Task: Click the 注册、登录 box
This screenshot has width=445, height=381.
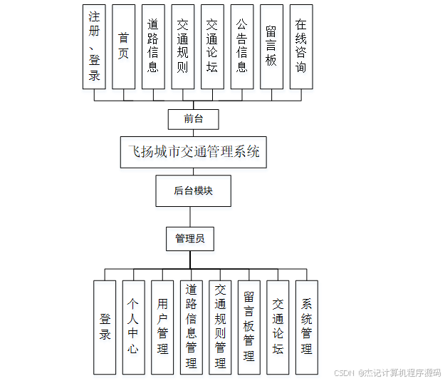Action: tap(94, 46)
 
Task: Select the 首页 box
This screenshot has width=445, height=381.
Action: tap(123, 46)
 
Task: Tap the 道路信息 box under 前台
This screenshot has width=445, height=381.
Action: tap(152, 46)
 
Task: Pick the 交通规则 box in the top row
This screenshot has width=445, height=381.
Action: tap(182, 46)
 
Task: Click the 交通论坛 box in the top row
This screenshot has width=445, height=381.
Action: tap(211, 46)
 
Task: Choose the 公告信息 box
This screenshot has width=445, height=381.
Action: tap(241, 46)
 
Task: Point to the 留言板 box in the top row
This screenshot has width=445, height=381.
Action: tap(271, 46)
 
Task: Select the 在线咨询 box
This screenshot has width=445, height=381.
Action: tap(300, 46)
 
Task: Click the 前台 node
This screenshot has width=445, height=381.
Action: tap(193, 119)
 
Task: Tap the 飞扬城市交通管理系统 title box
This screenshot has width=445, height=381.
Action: tap(193, 152)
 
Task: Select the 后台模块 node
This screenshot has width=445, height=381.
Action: tap(193, 190)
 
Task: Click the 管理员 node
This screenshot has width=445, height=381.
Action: tap(190, 238)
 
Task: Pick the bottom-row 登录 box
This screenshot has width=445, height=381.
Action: tap(105, 327)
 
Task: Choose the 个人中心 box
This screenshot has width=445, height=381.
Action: tap(133, 327)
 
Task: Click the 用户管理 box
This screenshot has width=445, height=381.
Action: tap(162, 327)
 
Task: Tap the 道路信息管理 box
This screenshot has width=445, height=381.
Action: tap(191, 327)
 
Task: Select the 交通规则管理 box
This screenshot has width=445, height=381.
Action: tap(220, 327)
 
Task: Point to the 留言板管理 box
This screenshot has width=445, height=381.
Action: tap(248, 327)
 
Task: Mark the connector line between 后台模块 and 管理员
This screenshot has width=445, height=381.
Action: tap(190, 216)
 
